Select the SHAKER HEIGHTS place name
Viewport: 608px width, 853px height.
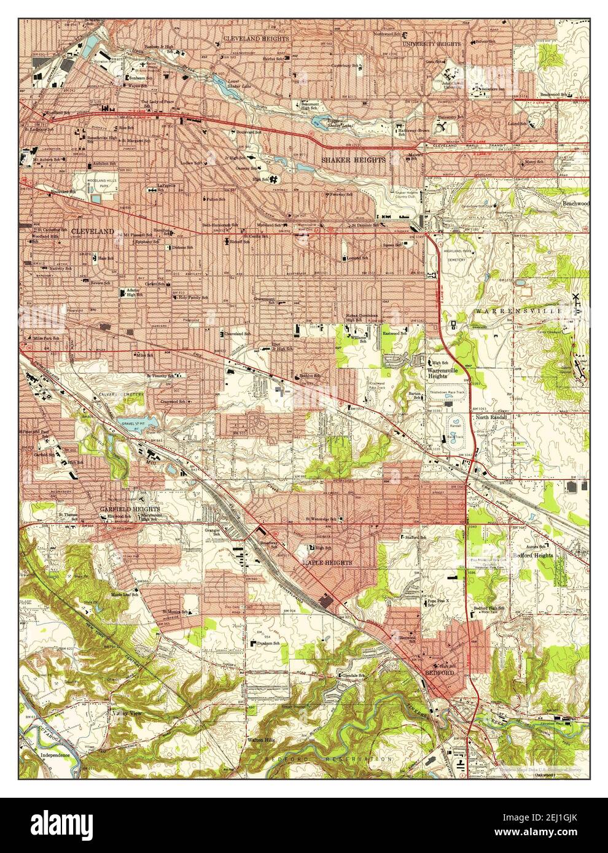[354, 160]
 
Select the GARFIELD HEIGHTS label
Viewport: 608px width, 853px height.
[130, 509]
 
